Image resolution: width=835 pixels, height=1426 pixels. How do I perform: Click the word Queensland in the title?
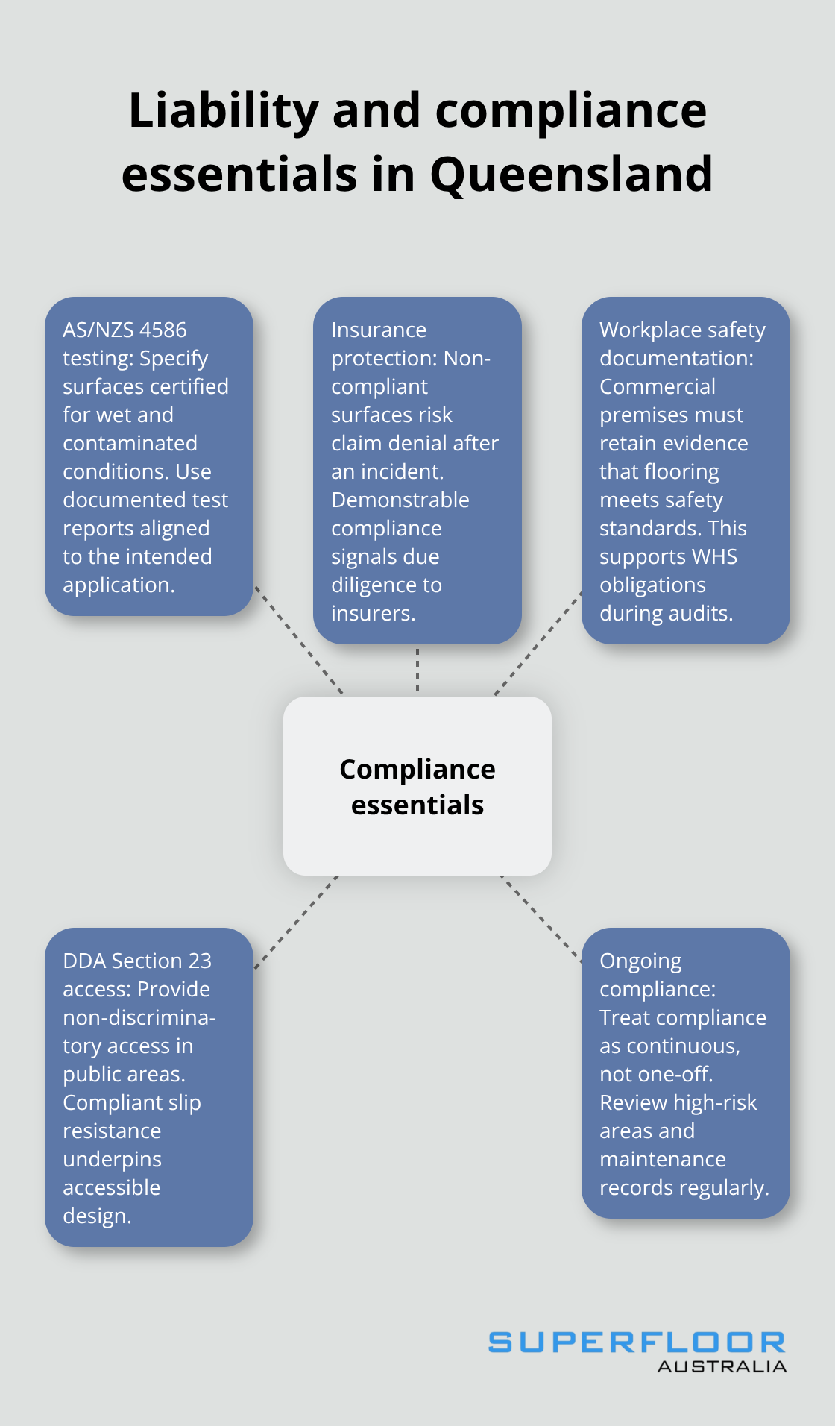tap(571, 175)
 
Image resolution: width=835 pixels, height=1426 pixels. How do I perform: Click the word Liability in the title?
tap(224, 110)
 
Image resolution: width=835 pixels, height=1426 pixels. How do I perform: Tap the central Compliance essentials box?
tap(417, 786)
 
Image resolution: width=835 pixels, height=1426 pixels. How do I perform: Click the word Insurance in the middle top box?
tap(379, 330)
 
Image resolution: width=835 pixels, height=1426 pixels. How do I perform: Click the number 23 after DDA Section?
tap(200, 961)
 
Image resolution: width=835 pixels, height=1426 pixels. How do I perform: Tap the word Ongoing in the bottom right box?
tap(640, 961)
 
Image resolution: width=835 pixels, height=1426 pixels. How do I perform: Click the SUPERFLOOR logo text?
tap(637, 1342)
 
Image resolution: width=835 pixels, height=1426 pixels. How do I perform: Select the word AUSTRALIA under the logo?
tap(722, 1366)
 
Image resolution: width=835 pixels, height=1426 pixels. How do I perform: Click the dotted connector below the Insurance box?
tap(417, 669)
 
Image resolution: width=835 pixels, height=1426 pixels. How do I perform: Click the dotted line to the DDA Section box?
tap(297, 922)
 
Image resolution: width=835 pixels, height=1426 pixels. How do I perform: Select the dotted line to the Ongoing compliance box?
tap(541, 918)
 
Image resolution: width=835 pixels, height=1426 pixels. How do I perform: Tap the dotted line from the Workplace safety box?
tap(538, 643)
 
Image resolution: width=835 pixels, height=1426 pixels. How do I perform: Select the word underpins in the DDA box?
tap(112, 1159)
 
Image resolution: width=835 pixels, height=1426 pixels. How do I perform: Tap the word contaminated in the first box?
tap(130, 443)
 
